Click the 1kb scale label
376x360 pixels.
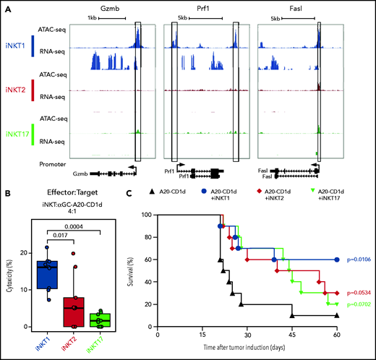pos(91,17)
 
